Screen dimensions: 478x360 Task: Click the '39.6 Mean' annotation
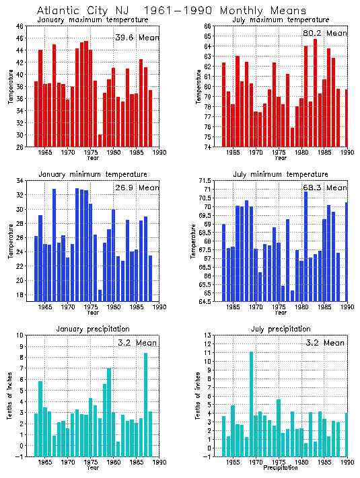[x=137, y=38]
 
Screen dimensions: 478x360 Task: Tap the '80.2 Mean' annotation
[x=325, y=33]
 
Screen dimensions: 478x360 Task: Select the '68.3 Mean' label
[x=325, y=188]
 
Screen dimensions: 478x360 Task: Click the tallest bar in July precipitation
[x=251, y=403]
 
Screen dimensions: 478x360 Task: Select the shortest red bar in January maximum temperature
[x=100, y=141]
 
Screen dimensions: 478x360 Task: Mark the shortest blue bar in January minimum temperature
[x=100, y=295]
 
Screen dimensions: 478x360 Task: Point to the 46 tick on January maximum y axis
[x=20, y=26]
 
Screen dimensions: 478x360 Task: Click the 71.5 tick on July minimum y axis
[x=208, y=181]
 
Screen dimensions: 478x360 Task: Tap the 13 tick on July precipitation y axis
[x=211, y=335]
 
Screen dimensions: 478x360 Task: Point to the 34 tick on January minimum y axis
[x=20, y=181]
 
